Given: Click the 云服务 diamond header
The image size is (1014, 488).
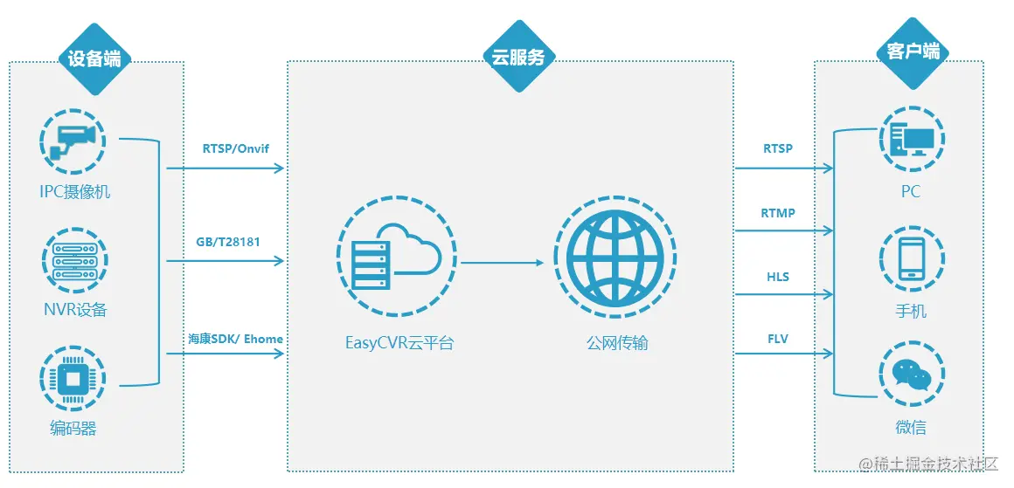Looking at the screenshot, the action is point(519,58).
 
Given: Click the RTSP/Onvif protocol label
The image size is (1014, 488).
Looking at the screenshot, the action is point(236,148).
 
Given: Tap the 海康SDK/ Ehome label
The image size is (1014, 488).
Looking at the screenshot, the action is point(235,338).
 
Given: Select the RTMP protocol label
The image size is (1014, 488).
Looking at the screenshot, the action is point(778,213).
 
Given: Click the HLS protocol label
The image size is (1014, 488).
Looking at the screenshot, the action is point(778,277).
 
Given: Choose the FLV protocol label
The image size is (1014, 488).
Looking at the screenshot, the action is point(778,338).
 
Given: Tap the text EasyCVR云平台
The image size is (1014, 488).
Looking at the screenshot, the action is point(399,343).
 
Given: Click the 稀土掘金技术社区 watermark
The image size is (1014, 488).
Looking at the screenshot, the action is point(934,462).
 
